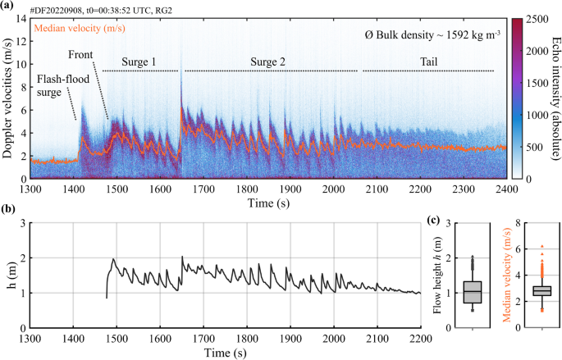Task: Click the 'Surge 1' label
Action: click(x=139, y=62)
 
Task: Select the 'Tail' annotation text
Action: click(x=428, y=62)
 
